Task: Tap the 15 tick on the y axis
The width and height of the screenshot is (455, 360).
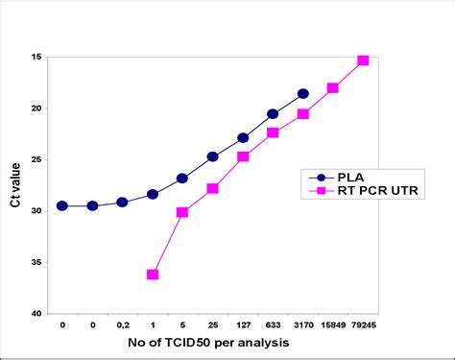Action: coord(36,57)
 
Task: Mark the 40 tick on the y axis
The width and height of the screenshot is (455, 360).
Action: coord(36,314)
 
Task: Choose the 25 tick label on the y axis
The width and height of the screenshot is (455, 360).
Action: coord(36,159)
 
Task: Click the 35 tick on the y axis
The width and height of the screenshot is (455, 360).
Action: coord(36,262)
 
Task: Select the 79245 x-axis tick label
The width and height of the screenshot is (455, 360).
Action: coord(363,325)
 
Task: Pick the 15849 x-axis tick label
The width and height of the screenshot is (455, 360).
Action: coord(332,325)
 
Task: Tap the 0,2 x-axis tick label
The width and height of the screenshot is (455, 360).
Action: coord(122,325)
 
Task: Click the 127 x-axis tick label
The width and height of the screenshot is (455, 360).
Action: coord(243,325)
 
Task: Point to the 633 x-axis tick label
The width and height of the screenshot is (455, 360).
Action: coord(273,325)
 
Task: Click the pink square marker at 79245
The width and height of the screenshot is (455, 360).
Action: coord(363,60)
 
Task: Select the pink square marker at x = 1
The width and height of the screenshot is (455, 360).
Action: coord(153,275)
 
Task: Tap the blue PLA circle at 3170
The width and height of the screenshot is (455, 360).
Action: coord(303,93)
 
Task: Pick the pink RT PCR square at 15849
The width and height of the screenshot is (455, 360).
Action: coord(333,87)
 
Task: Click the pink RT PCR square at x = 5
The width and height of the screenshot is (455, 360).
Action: coord(182,212)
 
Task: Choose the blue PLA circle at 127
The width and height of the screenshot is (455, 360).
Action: coord(243,138)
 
